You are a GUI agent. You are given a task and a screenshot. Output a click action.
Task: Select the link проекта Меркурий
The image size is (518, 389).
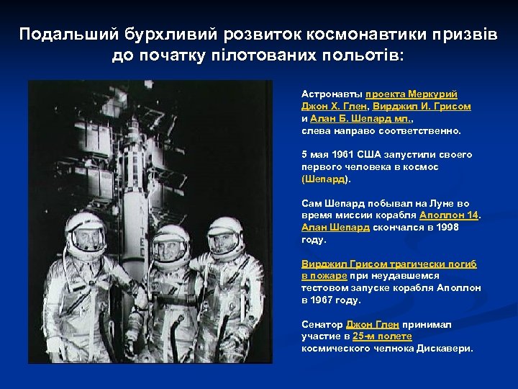pyautogui.click(x=412, y=94)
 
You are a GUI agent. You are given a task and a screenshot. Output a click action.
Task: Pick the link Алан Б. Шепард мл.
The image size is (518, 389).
pyautogui.click(x=347, y=119)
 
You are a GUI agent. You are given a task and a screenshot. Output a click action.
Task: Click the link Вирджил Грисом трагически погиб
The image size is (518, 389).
pyautogui.click(x=389, y=264)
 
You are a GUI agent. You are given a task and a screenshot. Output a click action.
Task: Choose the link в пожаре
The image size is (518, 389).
pyautogui.click(x=324, y=276)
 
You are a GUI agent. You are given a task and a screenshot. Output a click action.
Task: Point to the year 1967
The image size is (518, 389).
pyautogui.click(x=324, y=300)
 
